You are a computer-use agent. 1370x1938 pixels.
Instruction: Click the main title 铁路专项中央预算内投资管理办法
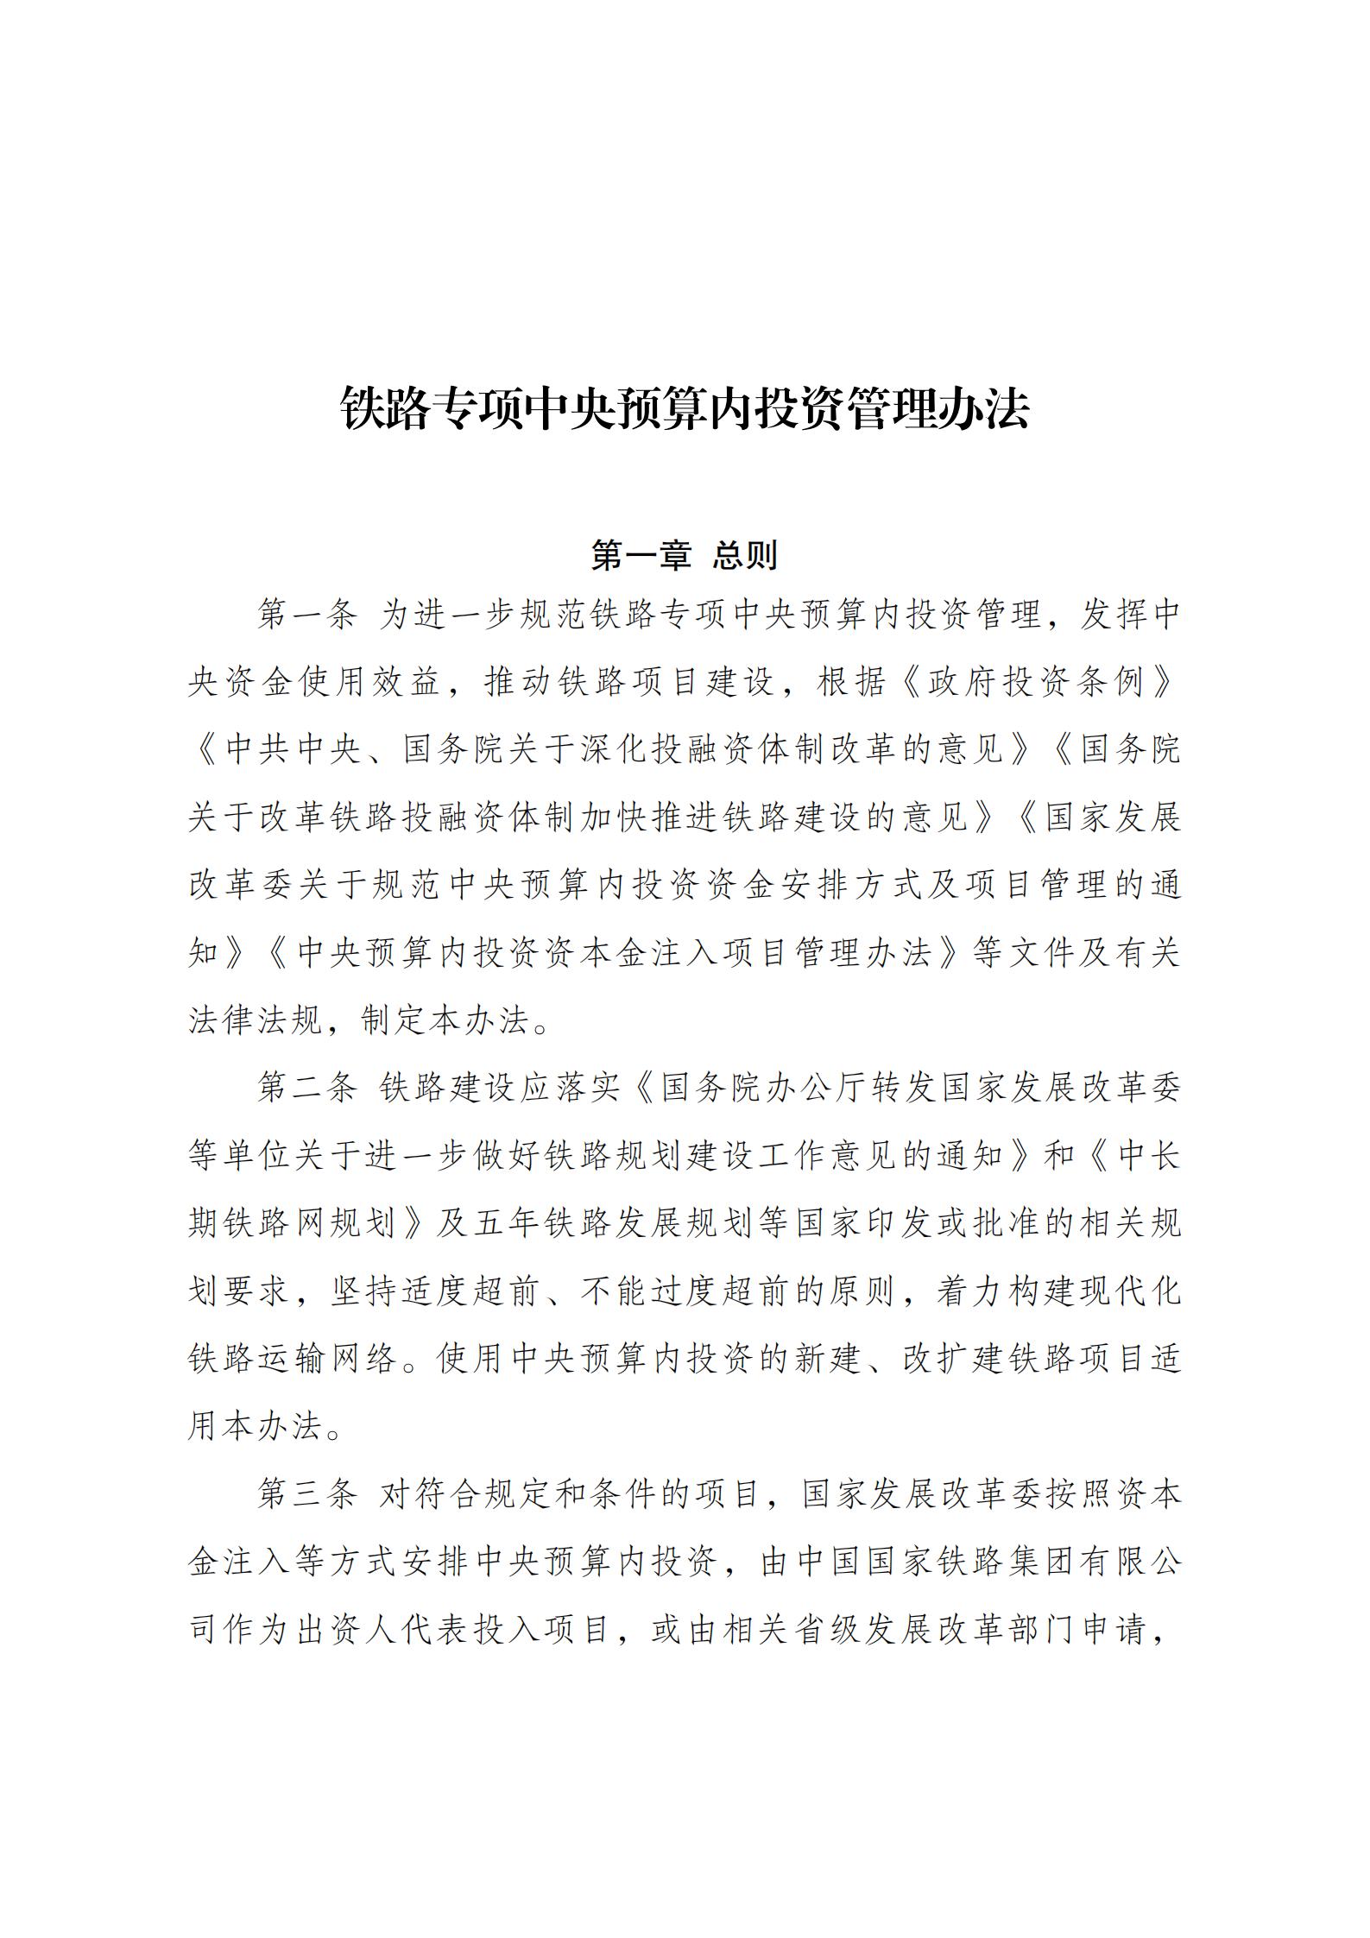685,407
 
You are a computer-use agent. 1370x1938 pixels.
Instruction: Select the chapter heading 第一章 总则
685,556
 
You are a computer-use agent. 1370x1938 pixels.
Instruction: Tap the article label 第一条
306,615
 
